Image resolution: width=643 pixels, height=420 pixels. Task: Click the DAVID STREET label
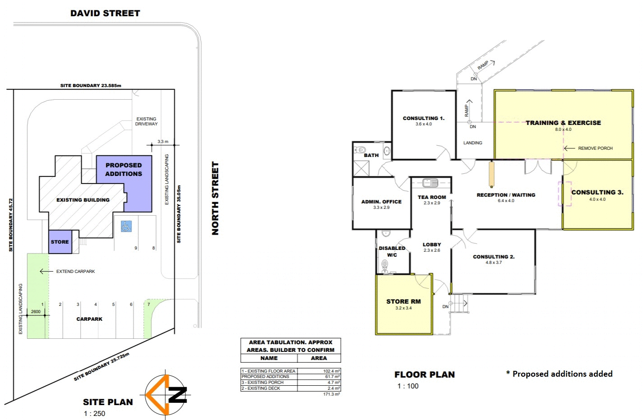pyautogui.click(x=105, y=14)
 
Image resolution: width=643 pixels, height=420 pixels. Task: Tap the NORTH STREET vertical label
pyautogui.click(x=215, y=198)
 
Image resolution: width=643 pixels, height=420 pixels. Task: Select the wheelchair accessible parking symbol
pyautogui.click(x=126, y=226)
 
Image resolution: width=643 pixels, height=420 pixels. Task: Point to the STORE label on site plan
pyautogui.click(x=60, y=242)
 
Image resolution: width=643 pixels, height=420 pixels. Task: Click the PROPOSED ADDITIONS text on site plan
pyautogui.click(x=124, y=170)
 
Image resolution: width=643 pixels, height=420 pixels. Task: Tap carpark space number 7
pyautogui.click(x=149, y=305)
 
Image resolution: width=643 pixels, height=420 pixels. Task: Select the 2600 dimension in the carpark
pyautogui.click(x=36, y=312)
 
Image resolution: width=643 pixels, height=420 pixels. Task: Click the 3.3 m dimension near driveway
pyautogui.click(x=163, y=142)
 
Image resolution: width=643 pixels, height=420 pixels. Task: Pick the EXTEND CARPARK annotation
pyautogui.click(x=75, y=272)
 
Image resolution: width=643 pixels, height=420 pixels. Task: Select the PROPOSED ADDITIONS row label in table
pyautogui.click(x=265, y=377)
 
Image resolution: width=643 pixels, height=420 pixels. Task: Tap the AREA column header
pyautogui.click(x=319, y=358)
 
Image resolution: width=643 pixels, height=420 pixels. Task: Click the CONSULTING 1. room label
pyautogui.click(x=423, y=119)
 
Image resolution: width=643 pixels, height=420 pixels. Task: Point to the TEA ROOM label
pyautogui.click(x=432, y=197)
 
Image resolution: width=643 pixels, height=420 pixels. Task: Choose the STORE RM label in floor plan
pyautogui.click(x=403, y=301)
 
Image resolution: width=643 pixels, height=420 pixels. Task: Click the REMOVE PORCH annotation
pyautogui.click(x=595, y=148)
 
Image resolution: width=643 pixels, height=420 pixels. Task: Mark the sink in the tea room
pyautogui.click(x=430, y=183)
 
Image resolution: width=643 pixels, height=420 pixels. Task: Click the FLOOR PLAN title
pyautogui.click(x=425, y=375)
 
